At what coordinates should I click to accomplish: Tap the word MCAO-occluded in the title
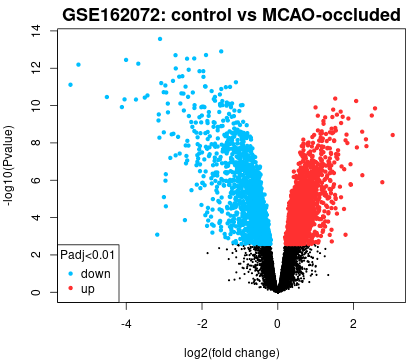[331, 15]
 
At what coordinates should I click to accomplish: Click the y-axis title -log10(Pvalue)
[8, 166]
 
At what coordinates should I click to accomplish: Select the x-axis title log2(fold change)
[232, 352]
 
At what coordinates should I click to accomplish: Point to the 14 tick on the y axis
[36, 31]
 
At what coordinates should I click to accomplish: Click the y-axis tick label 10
[36, 105]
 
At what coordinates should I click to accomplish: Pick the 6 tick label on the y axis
[36, 180]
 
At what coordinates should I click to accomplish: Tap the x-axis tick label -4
[126, 323]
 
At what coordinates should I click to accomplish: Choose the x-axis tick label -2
[202, 323]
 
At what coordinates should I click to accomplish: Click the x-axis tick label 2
[353, 323]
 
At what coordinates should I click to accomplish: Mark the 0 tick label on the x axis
[277, 323]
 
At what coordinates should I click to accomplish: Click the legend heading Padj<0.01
[87, 255]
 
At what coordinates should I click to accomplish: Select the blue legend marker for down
[70, 274]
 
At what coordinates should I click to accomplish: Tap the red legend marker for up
[70, 288]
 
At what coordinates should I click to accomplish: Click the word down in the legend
[96, 274]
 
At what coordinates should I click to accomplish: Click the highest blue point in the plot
[160, 39]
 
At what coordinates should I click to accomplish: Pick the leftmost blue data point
[70, 85]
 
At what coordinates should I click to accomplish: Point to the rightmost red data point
[393, 135]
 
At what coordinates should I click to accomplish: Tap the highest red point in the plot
[335, 99]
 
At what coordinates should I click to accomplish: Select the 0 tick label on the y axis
[36, 292]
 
